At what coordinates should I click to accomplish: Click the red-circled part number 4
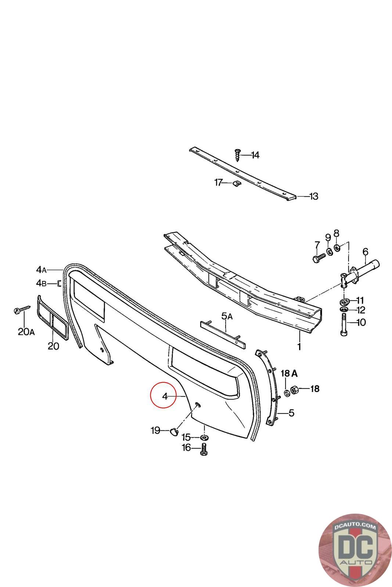(165, 396)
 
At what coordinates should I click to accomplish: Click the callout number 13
(313, 197)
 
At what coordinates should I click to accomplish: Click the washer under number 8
(338, 247)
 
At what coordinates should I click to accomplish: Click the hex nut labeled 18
(295, 389)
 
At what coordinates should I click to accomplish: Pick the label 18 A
(289, 374)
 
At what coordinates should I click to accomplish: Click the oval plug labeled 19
(173, 431)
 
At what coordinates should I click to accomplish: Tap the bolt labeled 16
(203, 449)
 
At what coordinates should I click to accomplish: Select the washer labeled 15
(204, 437)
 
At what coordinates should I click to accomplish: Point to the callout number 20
(53, 346)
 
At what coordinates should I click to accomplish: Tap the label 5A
(227, 316)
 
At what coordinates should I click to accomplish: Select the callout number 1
(299, 346)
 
